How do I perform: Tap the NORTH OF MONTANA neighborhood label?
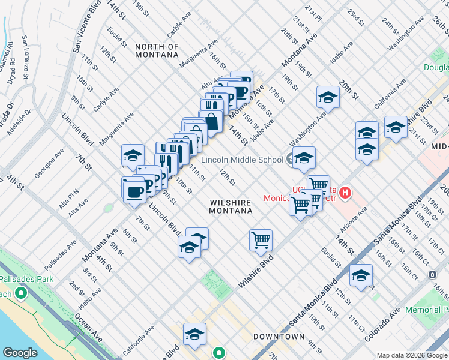coord(157,50)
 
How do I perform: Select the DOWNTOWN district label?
coord(279,337)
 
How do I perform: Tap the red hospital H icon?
coord(345,193)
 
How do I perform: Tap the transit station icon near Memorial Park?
coord(432,274)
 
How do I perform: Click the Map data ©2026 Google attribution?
coord(411,354)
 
